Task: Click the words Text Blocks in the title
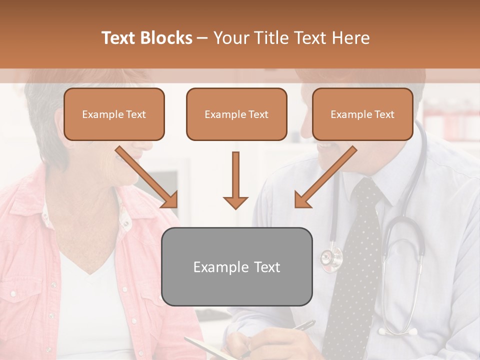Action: pyautogui.click(x=147, y=38)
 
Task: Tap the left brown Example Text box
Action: pyautogui.click(x=114, y=114)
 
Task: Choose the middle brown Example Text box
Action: pyautogui.click(x=236, y=114)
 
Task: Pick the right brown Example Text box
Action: pyautogui.click(x=362, y=114)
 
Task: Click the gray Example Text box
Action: pyautogui.click(x=236, y=266)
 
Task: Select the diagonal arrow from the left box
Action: pyautogui.click(x=146, y=177)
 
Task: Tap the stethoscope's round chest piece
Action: pyautogui.click(x=330, y=258)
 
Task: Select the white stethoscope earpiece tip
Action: pyautogui.click(x=382, y=331)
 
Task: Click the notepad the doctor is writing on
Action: pyautogui.click(x=205, y=348)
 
